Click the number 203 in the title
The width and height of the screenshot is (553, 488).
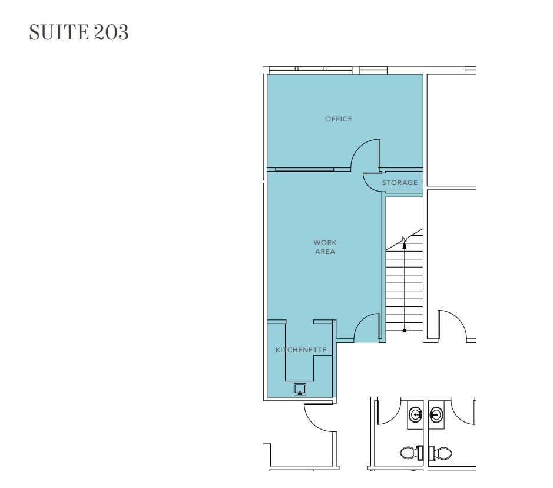(110, 32)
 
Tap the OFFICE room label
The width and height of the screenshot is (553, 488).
(339, 119)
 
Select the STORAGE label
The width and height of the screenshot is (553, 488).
(400, 183)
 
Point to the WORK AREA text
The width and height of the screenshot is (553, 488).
(324, 247)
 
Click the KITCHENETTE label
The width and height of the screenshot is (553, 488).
(301, 350)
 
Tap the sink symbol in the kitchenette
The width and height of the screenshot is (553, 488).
(300, 390)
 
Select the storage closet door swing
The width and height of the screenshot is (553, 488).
(371, 183)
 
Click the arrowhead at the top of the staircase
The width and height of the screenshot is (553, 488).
(405, 240)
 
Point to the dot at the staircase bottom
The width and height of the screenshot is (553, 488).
(405, 331)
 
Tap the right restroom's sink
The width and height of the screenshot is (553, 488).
(435, 415)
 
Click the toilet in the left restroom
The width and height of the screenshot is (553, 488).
(410, 453)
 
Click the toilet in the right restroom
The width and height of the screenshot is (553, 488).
(441, 453)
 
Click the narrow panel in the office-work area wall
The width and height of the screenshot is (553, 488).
(304, 170)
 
